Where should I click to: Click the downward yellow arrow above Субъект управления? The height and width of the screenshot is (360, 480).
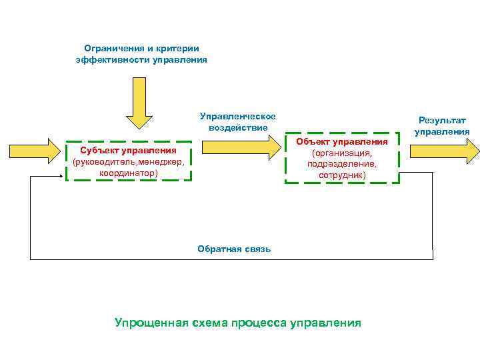139,103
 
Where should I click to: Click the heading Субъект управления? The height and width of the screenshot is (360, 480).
129,151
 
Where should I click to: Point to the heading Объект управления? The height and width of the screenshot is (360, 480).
342,141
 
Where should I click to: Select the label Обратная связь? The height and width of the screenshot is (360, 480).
234,249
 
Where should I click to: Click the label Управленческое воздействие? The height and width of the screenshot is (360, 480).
237,122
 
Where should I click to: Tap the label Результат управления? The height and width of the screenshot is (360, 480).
442,126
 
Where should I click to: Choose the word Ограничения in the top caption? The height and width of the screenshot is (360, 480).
111,48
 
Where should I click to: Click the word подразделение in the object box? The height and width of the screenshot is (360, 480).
341,164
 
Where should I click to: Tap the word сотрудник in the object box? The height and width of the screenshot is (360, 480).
341,175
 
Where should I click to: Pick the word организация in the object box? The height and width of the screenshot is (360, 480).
341,153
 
